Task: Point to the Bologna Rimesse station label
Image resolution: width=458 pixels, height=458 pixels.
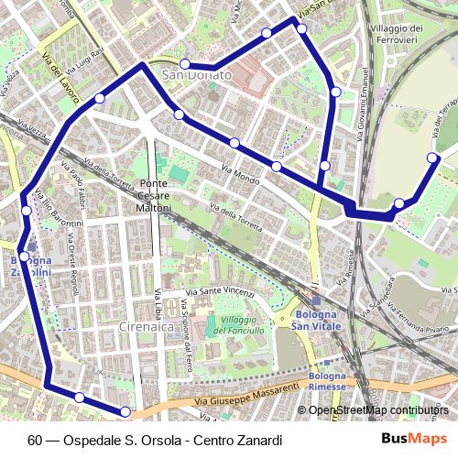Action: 327,381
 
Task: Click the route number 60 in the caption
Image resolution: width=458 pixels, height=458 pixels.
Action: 34,440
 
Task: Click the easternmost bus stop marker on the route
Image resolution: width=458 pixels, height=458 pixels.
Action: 433,158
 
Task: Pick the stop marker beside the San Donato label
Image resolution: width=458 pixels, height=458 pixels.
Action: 184,64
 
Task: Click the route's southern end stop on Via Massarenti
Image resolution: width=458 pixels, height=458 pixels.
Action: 125,411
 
